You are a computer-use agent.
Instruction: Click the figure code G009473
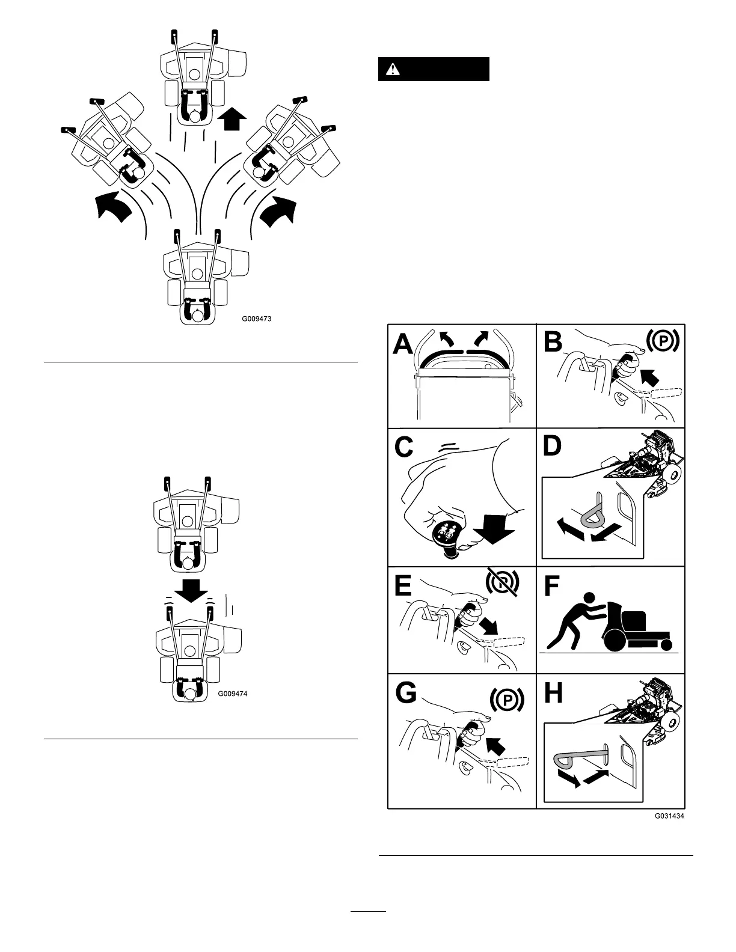[257, 319]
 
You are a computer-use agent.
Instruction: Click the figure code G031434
[669, 816]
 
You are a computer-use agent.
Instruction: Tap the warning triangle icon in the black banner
[393, 70]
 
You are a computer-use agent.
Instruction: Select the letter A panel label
[403, 346]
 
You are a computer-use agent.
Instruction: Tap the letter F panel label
[551, 587]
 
